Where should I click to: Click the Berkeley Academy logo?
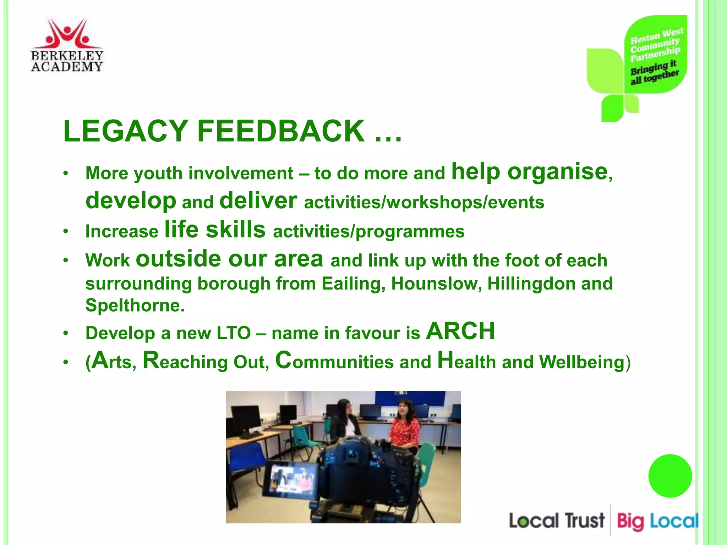tap(67, 45)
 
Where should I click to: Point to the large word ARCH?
tap(460, 331)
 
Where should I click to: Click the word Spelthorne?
tap(135, 305)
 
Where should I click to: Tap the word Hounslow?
tap(436, 284)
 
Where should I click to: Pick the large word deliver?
tap(258, 201)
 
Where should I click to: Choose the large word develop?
tap(131, 201)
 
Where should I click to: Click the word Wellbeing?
tap(581, 362)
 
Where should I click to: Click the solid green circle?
tap(670, 476)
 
